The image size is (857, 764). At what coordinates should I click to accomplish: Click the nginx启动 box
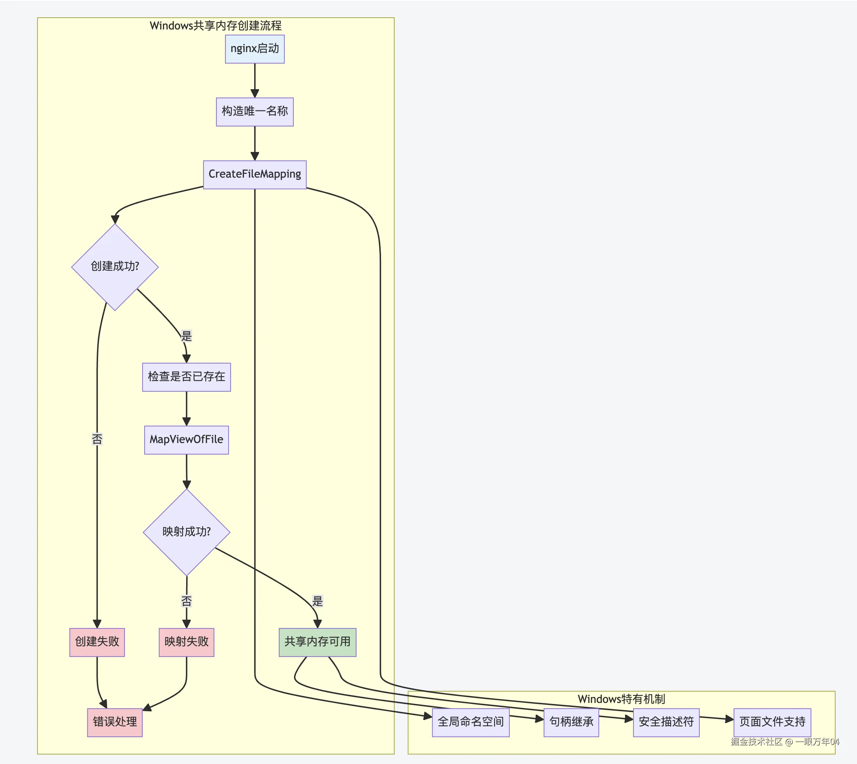(254, 49)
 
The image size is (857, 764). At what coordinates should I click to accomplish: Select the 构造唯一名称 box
(254, 112)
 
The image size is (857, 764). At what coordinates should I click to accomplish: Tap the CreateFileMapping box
(254, 175)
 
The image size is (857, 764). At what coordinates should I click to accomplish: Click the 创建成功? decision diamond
(115, 267)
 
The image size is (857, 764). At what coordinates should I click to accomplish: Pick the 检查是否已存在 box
(186, 377)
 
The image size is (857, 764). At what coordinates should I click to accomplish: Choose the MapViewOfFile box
(186, 440)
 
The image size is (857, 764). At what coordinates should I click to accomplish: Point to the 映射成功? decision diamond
(187, 532)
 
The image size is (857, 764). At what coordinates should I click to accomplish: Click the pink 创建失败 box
(97, 642)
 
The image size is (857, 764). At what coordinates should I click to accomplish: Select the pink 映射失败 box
(186, 642)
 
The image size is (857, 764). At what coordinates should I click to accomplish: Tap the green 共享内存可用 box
(318, 642)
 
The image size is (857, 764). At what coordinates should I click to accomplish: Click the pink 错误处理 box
(115, 722)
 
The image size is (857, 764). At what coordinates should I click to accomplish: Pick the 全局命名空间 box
(471, 722)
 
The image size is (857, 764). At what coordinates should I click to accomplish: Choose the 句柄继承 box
(571, 722)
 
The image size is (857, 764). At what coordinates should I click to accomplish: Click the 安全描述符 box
(666, 722)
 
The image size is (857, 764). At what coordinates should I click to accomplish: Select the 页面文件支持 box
(772, 722)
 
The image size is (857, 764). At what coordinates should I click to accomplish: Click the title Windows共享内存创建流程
(216, 26)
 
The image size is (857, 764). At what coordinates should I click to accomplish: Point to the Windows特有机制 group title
(621, 699)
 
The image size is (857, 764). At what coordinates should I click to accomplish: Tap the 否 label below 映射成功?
(186, 601)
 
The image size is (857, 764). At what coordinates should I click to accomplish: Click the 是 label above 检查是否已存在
(186, 336)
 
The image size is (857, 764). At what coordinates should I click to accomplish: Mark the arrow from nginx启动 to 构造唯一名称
(254, 80)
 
